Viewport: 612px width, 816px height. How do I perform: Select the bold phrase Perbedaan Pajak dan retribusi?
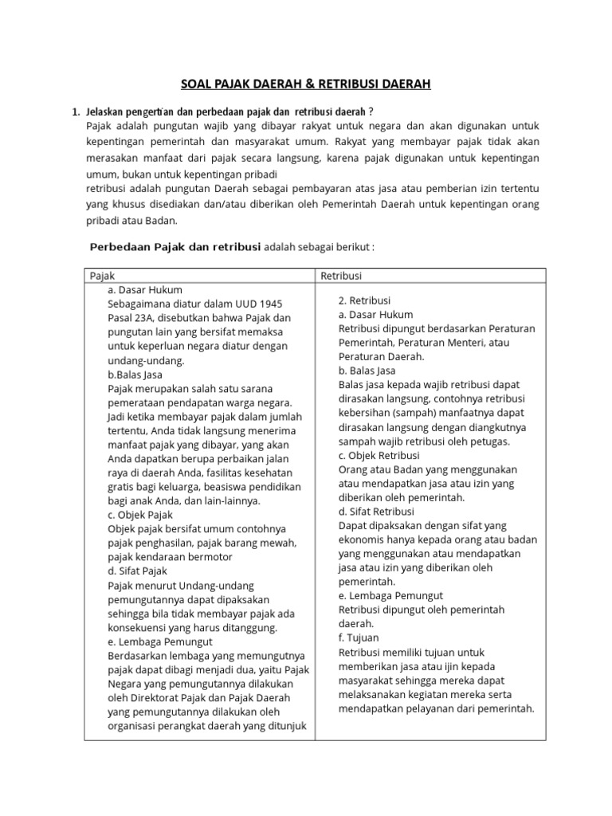click(x=175, y=247)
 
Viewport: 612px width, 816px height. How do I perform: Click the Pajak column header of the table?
click(x=103, y=275)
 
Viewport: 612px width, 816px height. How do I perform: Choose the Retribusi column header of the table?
click(x=341, y=275)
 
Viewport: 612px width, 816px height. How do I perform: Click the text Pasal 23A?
click(x=132, y=318)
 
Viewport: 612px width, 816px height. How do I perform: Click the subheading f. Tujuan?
click(x=359, y=637)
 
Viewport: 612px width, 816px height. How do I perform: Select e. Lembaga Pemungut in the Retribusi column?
click(x=390, y=595)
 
